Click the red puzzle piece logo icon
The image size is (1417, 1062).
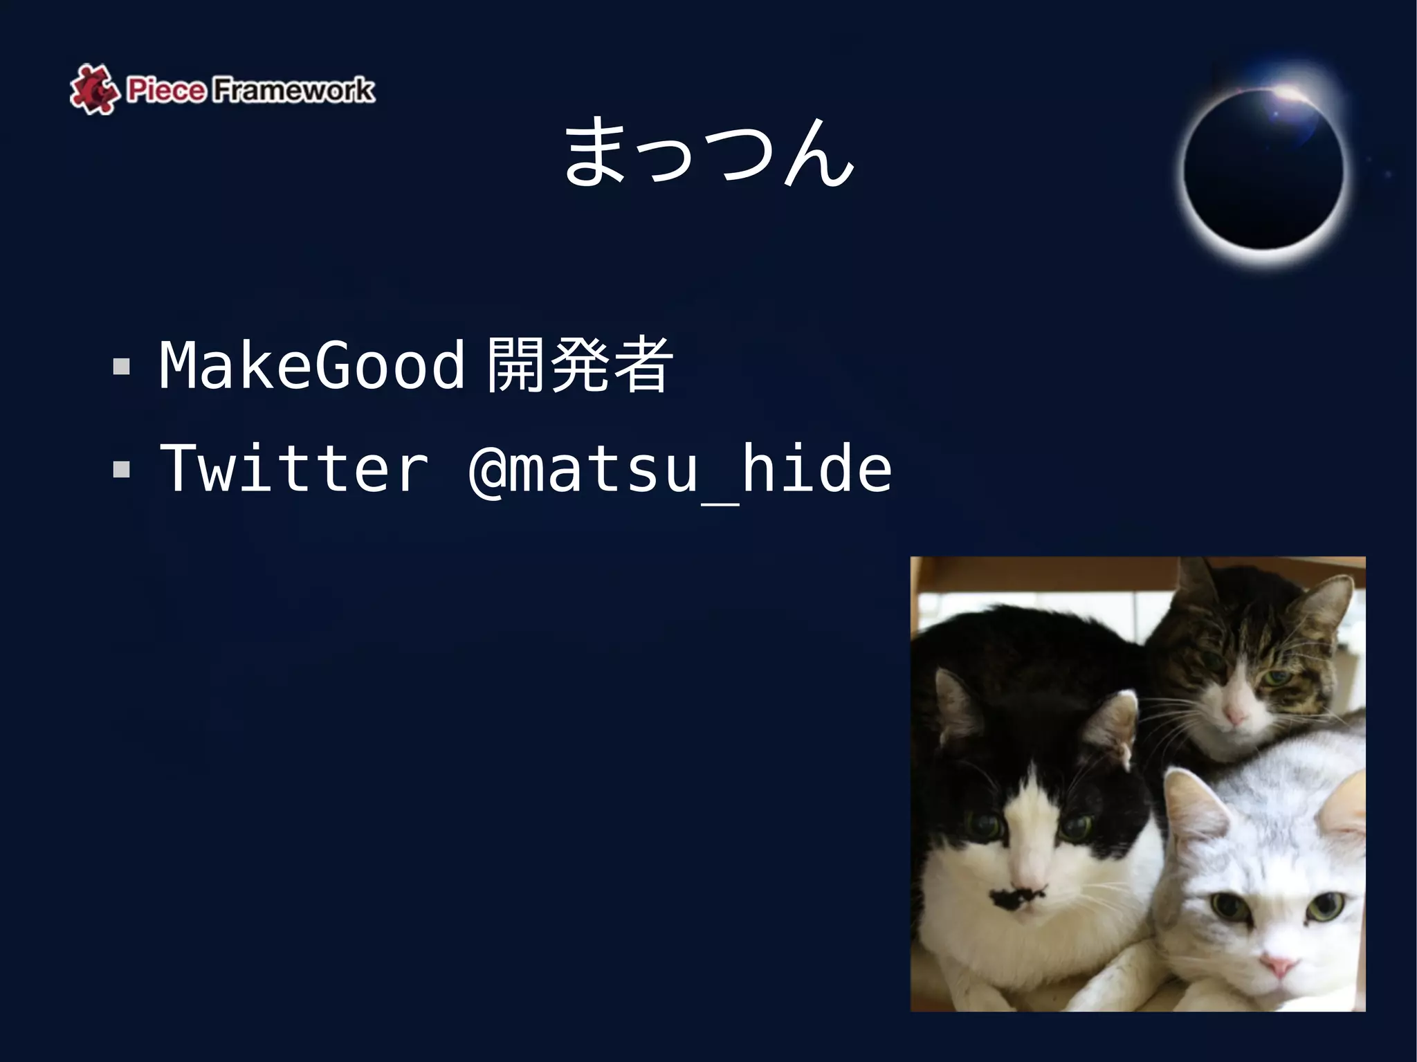[x=93, y=89]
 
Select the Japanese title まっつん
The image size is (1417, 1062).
[x=708, y=152]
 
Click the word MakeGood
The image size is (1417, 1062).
[x=311, y=365]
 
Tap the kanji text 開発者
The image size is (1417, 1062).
[x=578, y=365]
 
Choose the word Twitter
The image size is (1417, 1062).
[x=294, y=469]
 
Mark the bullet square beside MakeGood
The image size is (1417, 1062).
[x=122, y=366]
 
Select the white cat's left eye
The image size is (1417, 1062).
[x=1227, y=903]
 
